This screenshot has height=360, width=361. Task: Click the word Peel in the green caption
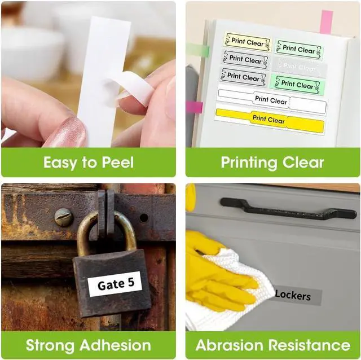tap(118, 162)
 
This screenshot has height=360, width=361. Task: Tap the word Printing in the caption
tap(249, 163)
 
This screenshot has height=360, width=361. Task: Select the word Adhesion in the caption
tap(115, 345)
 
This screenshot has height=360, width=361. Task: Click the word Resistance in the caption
tap(309, 345)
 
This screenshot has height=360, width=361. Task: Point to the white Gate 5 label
tap(115, 284)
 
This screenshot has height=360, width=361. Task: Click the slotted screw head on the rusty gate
tap(64, 217)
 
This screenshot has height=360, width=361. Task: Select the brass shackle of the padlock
tap(107, 232)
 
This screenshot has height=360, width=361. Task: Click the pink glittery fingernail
tap(68, 133)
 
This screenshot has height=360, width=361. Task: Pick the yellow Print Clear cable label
tap(270, 120)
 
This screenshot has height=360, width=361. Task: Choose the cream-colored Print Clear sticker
tap(248, 42)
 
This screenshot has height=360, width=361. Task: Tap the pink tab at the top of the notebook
tap(327, 22)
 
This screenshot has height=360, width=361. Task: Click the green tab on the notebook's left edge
tap(197, 50)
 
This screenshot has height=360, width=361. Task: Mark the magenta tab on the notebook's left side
tap(195, 107)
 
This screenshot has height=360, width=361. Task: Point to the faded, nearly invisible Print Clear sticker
tap(300, 67)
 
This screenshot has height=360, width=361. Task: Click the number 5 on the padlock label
tap(131, 282)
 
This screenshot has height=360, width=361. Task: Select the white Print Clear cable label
tap(272, 101)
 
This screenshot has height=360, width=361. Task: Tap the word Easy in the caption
tap(60, 163)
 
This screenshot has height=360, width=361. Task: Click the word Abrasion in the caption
tap(230, 345)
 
